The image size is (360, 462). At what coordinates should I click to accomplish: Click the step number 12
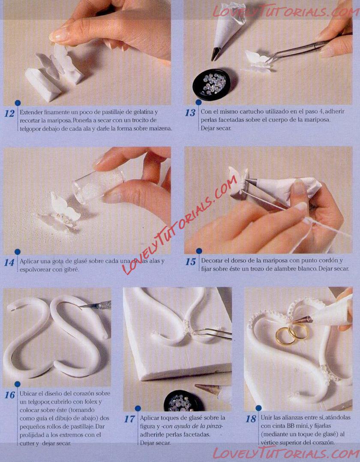[x=9, y=113]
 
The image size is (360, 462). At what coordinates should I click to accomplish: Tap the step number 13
[x=190, y=113]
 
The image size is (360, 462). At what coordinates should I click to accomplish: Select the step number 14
[x=9, y=262]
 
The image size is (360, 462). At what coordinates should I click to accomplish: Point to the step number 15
[x=190, y=262]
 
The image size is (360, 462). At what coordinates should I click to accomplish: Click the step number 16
[x=10, y=395]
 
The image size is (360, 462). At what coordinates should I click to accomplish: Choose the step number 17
[x=129, y=419]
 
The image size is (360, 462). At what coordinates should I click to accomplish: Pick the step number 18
[x=251, y=419]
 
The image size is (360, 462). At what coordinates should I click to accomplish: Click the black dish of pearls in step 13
[x=212, y=84]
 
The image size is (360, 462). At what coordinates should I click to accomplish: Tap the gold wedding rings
[x=292, y=333]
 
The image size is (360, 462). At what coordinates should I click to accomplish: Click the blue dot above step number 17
[x=138, y=408]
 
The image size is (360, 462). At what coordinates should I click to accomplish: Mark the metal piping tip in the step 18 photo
[x=302, y=320]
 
